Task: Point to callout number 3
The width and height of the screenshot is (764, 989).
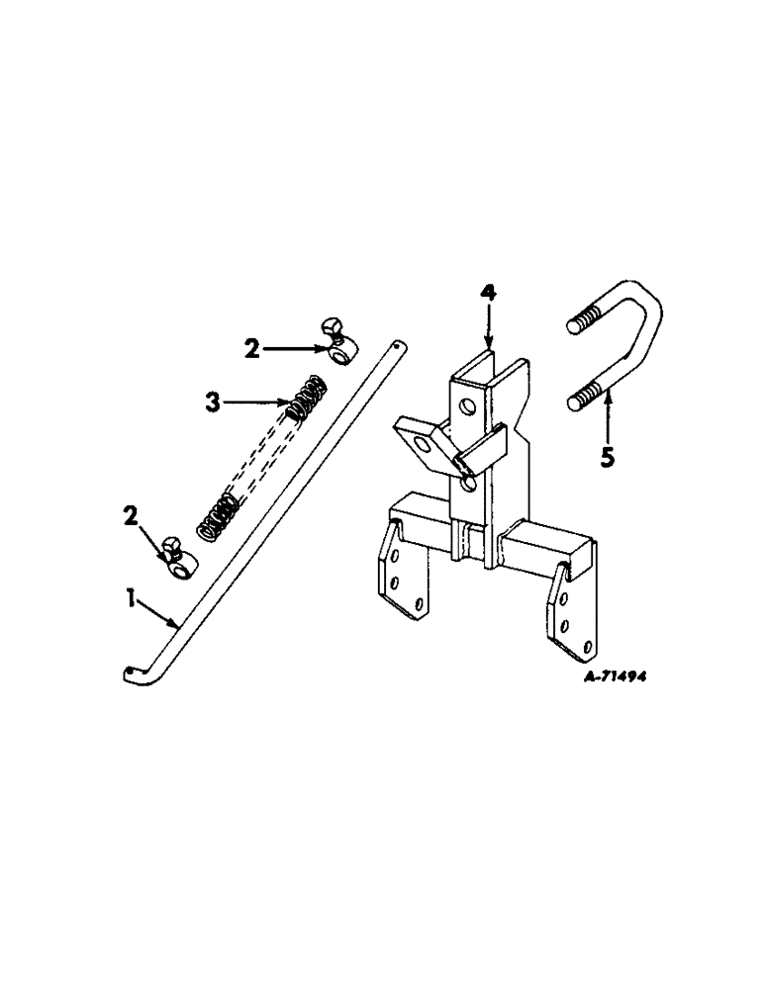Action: coord(211,401)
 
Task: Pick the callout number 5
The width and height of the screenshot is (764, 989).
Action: coord(608,458)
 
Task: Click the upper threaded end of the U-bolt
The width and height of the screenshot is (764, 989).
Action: coord(584,322)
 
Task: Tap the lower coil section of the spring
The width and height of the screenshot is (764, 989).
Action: coord(218,519)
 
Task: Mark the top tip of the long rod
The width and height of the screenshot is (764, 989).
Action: coord(397,345)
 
